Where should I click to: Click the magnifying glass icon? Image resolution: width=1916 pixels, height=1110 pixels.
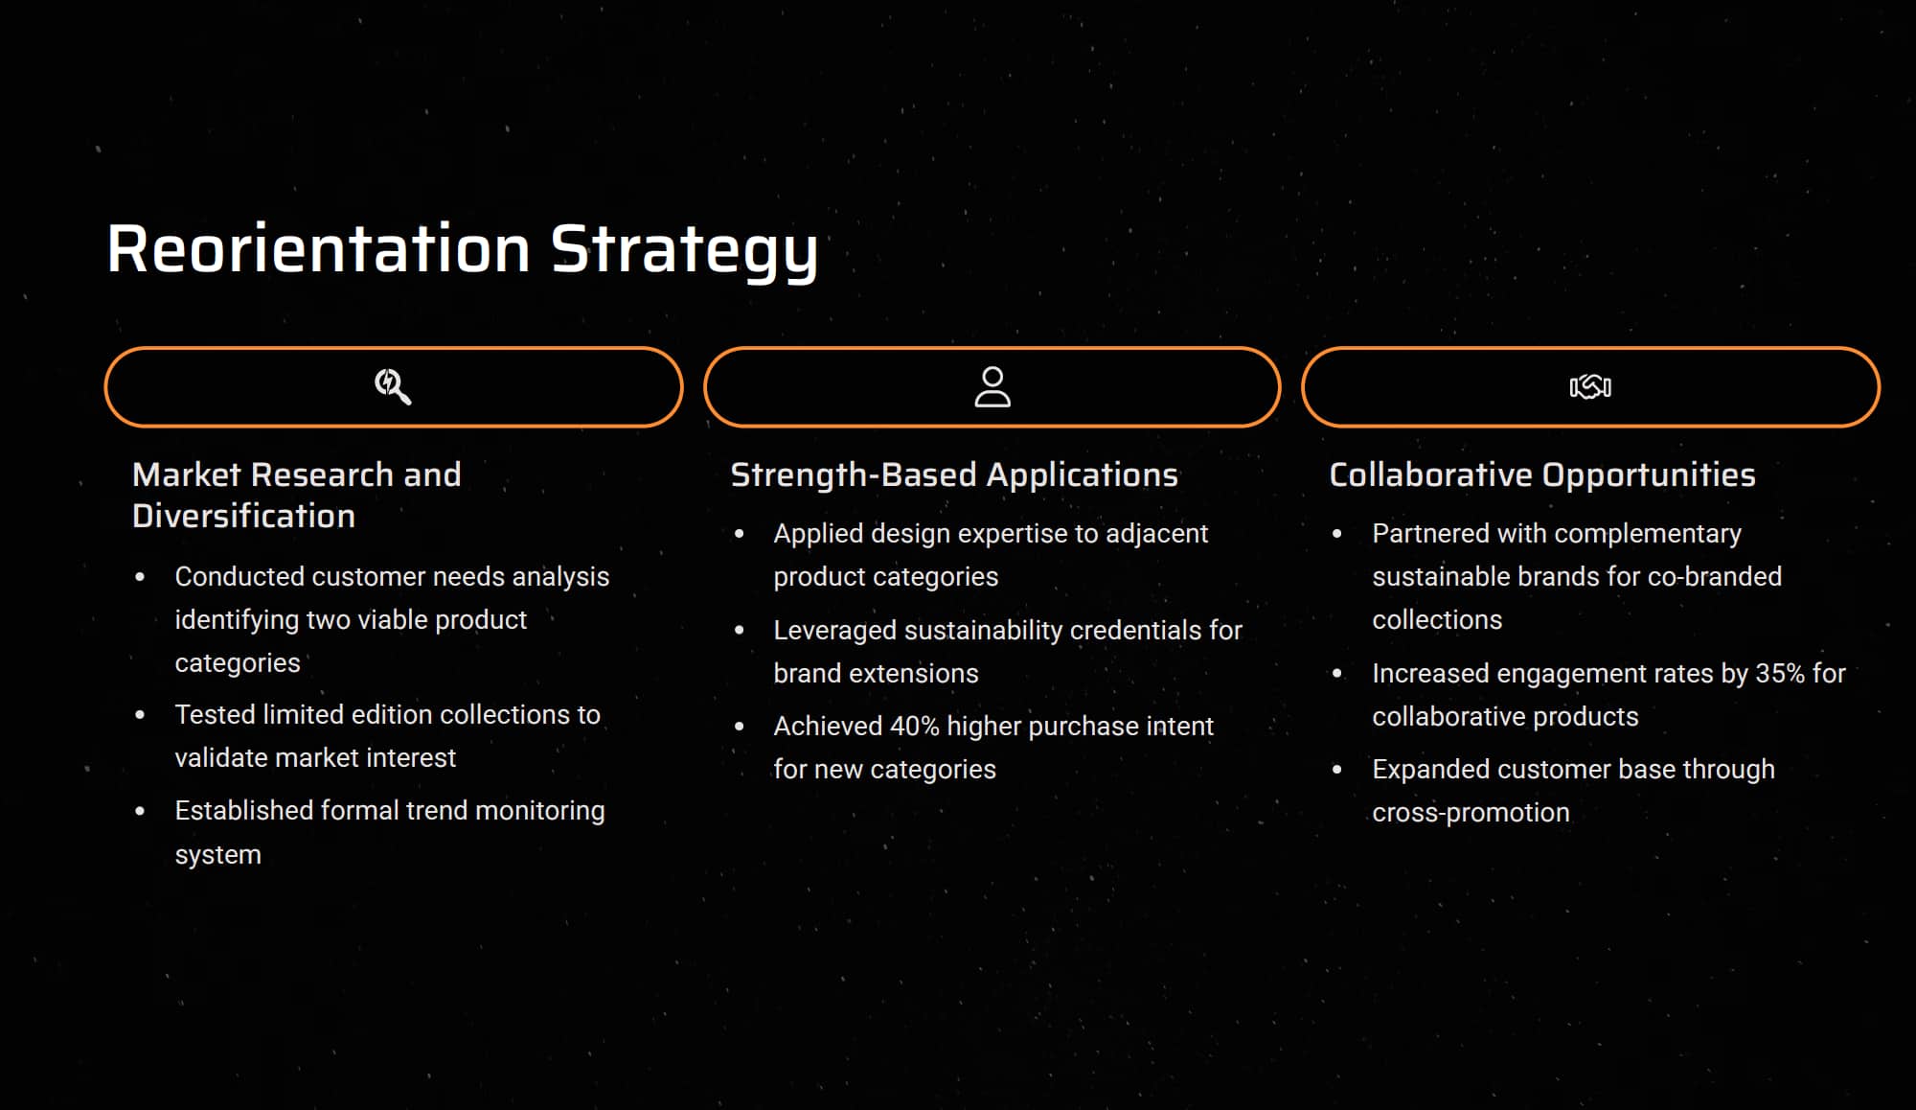coord(393,387)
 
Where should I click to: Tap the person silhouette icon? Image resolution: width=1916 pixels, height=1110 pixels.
coord(992,387)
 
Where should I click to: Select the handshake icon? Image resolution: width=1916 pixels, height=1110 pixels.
coord(1590,386)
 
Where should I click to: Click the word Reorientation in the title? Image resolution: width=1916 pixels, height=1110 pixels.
coord(319,249)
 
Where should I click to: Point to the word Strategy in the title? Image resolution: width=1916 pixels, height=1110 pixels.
coord(684,252)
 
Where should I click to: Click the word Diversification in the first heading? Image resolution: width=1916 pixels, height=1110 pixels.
coord(243,516)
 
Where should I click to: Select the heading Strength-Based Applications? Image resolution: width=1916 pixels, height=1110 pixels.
coord(954,475)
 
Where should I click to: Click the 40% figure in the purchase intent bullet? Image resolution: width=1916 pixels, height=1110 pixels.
coord(914,727)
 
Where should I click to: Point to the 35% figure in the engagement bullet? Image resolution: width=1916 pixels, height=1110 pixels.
coord(1779,674)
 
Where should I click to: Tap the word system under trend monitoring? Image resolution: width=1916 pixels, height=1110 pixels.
coord(217,855)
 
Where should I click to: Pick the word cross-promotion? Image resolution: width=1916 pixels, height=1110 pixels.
coord(1471,813)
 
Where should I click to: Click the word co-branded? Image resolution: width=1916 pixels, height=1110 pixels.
coord(1714,576)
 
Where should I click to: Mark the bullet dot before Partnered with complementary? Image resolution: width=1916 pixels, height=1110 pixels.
coord(1337,534)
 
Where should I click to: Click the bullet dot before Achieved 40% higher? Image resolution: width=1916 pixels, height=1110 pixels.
coord(739,727)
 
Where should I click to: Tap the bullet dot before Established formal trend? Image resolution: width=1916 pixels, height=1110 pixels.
coord(140,811)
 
